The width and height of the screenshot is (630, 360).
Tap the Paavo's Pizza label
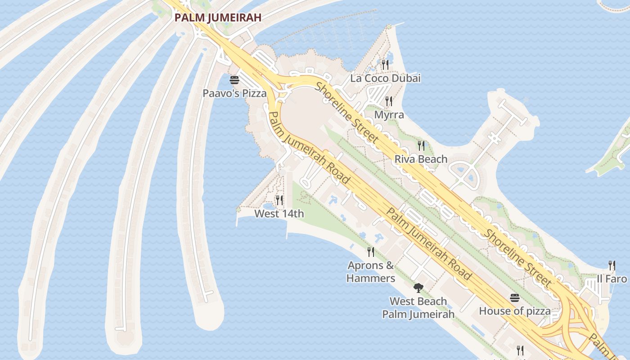point(234,93)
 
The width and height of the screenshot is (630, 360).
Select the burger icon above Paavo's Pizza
point(234,81)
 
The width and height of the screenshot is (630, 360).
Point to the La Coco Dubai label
point(385,78)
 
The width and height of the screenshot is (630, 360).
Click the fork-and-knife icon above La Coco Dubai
point(385,65)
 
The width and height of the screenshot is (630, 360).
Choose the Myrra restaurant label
point(389,115)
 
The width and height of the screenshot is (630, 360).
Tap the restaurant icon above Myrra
point(389,101)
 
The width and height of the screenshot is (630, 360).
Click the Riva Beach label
point(421,159)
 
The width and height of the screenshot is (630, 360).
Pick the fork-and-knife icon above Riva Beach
point(421,145)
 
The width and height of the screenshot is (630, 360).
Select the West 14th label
point(279,213)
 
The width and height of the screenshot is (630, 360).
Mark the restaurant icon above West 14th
point(279,200)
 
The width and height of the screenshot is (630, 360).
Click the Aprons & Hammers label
point(371,272)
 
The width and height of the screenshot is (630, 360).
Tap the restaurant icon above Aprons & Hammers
point(371,252)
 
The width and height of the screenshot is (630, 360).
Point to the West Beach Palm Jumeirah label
point(418,308)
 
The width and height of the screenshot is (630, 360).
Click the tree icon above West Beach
point(418,288)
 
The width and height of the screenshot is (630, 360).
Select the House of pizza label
point(514,311)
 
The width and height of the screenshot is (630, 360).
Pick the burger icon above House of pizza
point(515,298)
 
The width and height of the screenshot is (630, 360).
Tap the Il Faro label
point(612,279)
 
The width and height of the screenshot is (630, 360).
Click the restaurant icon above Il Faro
point(612,265)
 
